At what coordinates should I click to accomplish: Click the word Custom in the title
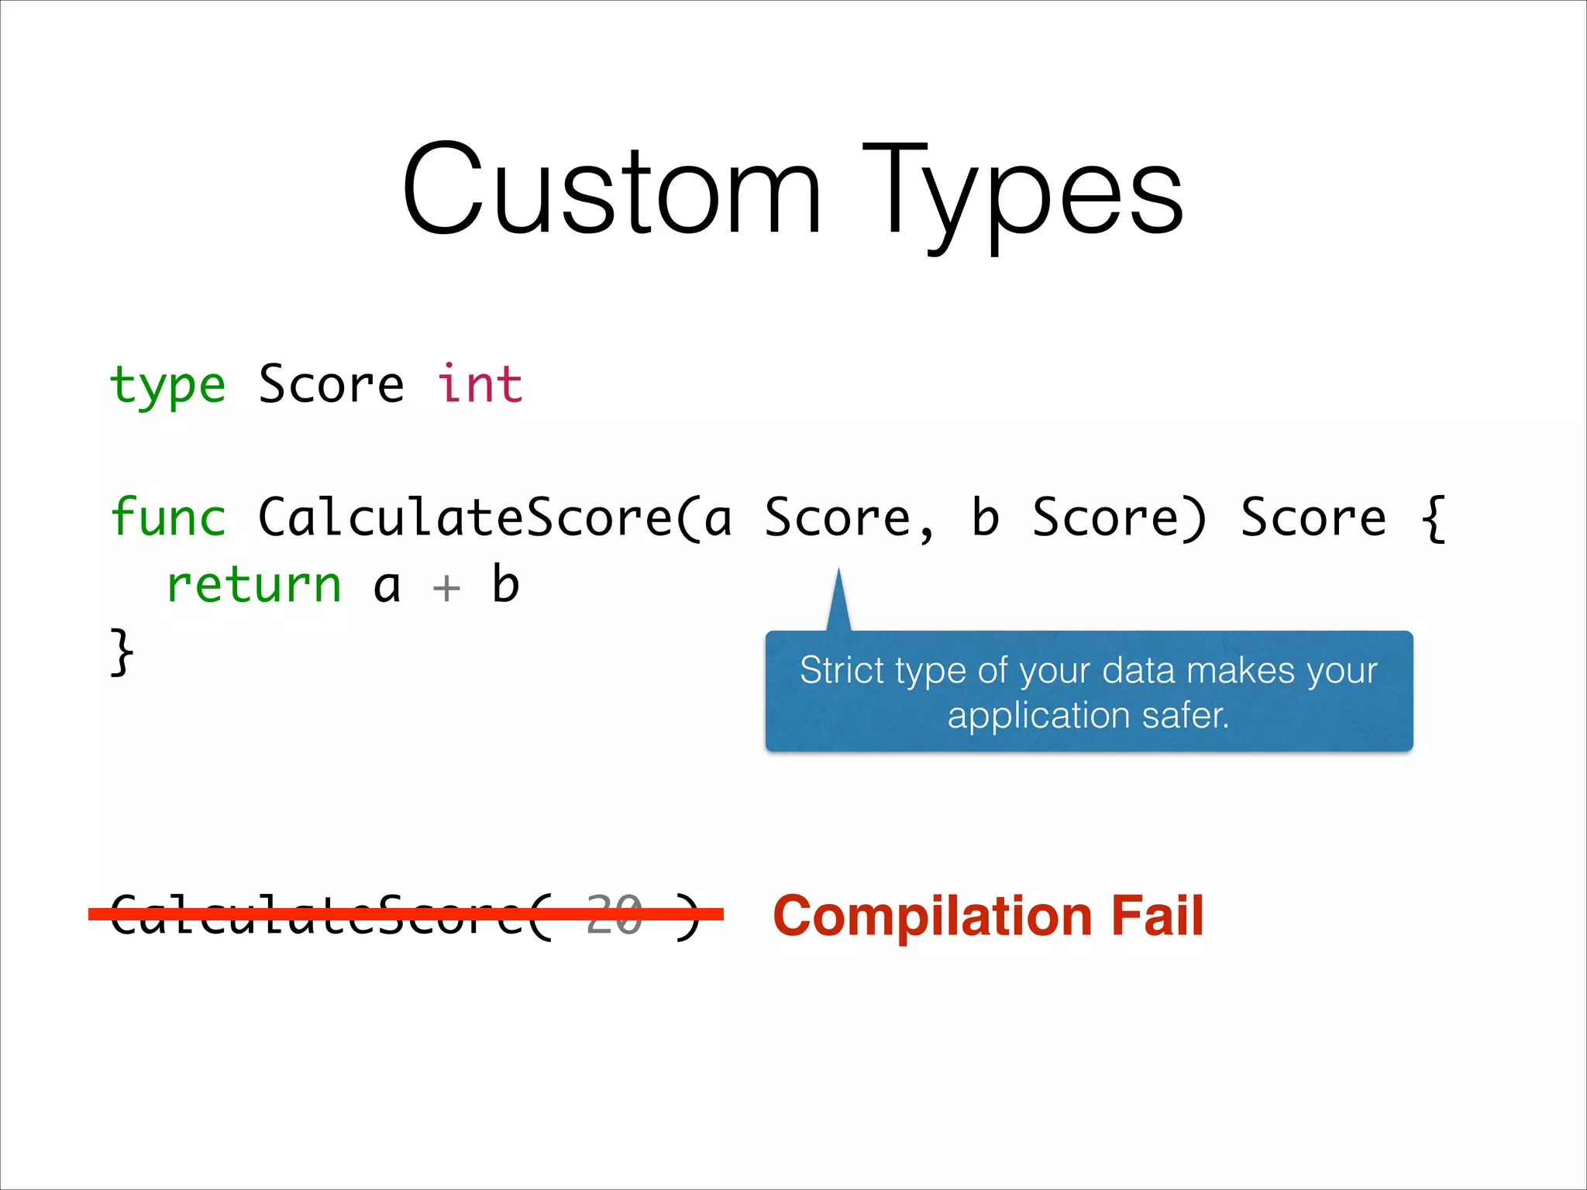611,190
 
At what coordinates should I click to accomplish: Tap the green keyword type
167,385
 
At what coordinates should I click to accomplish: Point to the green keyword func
167,517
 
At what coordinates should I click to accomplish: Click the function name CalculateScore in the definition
465,517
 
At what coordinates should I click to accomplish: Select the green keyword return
253,584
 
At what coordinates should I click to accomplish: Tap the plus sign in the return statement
446,587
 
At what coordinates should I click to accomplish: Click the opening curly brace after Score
1433,518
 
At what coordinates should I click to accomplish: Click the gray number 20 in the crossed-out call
614,914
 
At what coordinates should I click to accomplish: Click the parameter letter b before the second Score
985,517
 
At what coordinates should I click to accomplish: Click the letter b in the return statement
505,584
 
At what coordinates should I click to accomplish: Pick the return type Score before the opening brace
1313,517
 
